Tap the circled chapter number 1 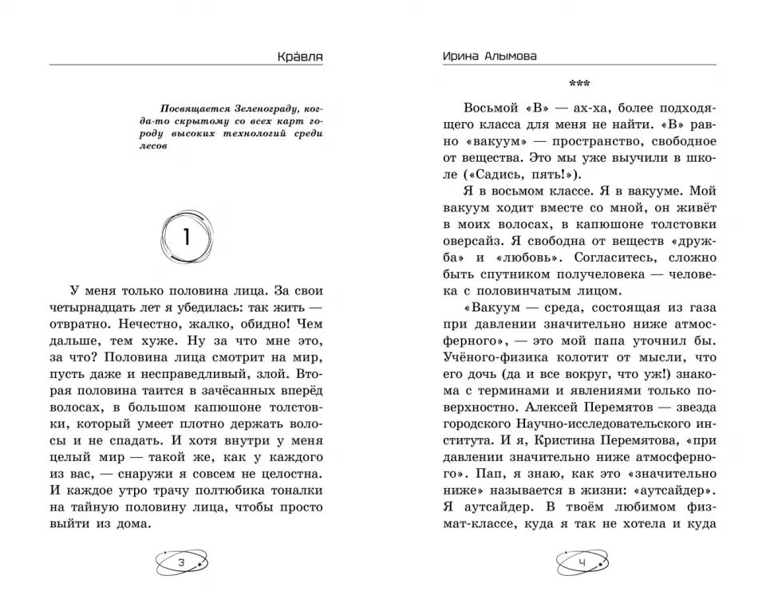tap(188, 236)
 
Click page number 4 tap(581, 563)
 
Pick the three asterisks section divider tap(580, 84)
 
